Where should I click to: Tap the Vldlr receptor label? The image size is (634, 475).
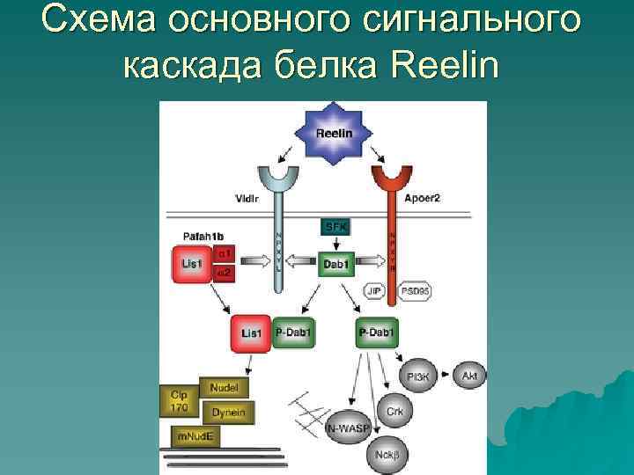click(247, 199)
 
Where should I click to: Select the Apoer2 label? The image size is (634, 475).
click(423, 199)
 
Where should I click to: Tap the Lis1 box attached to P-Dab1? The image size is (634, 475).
click(252, 333)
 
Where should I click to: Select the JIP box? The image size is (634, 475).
click(374, 290)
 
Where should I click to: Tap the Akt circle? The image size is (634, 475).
click(470, 376)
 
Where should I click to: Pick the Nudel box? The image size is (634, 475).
click(224, 387)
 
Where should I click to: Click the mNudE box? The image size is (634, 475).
click(195, 435)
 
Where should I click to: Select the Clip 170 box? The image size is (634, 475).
click(179, 400)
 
